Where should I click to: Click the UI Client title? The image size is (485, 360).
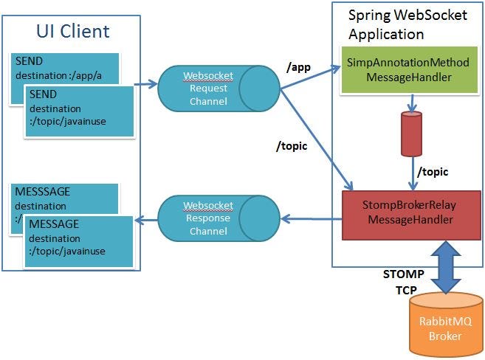pyautogui.click(x=73, y=31)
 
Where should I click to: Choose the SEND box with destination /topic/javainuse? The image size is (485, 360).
pyautogui.click(x=78, y=111)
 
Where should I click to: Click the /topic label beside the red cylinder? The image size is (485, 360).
pyautogui.click(x=433, y=171)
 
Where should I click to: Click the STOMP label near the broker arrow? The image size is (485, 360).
pyautogui.click(x=403, y=274)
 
